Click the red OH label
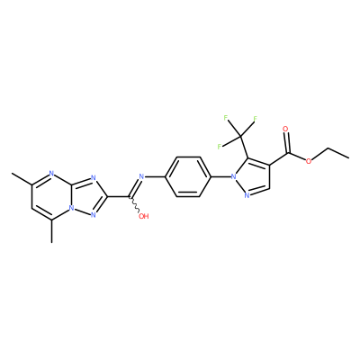144,216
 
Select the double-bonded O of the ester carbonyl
285,130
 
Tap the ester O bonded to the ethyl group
309,161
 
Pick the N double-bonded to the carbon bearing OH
141,176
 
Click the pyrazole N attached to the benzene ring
233,176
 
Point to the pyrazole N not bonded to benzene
247,196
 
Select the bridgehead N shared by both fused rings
70,208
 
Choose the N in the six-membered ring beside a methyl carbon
51,173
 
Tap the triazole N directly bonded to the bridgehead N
94,214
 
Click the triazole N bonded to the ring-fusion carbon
94,177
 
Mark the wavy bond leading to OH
135,205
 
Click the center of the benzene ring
188,176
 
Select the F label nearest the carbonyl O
255,118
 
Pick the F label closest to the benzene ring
220,147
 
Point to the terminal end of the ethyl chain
349,157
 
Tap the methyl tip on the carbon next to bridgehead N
51,242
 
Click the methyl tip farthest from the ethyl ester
12,173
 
